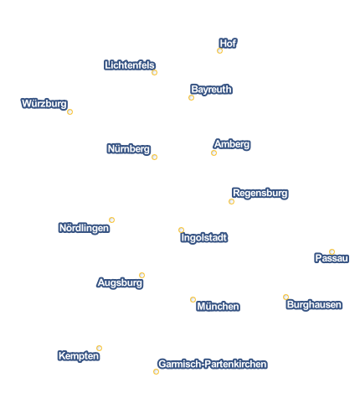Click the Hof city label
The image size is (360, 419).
point(228,44)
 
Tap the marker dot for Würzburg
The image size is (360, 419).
point(69,111)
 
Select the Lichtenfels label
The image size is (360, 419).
point(130,65)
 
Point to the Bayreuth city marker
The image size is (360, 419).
point(191,97)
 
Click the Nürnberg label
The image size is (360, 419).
point(129,149)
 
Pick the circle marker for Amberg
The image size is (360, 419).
point(213,153)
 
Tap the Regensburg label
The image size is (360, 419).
point(260,193)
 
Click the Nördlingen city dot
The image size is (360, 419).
point(111,220)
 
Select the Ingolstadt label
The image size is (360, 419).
point(204,238)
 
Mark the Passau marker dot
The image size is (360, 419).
point(332,251)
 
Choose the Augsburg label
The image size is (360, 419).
point(120,282)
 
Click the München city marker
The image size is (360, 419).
point(193,299)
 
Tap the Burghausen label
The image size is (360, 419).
point(314,304)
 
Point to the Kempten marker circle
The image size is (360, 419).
point(99,348)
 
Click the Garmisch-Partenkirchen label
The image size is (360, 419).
point(213,364)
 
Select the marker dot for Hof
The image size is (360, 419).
point(219,50)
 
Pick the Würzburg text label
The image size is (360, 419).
point(44,104)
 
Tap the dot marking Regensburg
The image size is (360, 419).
point(231,201)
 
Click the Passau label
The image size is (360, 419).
point(332,258)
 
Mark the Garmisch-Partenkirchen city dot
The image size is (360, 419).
point(156,371)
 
